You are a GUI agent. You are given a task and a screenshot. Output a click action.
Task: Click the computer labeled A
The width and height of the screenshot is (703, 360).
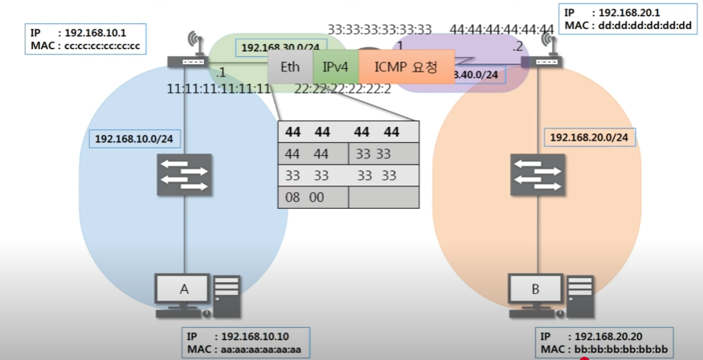pyautogui.click(x=198, y=294)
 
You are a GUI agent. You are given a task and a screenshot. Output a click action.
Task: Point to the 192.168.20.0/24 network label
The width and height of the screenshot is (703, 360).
pyautogui.click(x=588, y=138)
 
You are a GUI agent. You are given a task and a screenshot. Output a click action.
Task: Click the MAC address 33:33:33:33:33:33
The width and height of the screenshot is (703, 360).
pyautogui.click(x=379, y=31)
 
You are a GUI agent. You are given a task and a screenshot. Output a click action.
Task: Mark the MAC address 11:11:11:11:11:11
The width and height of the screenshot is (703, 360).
pyautogui.click(x=219, y=88)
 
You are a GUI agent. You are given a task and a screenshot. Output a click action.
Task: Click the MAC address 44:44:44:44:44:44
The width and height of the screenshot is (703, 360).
pyautogui.click(x=502, y=31)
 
